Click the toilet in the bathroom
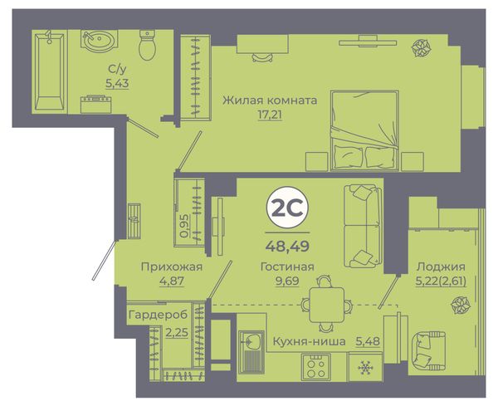point(148,45)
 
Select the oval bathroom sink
point(99,40)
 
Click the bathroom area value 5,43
point(117,83)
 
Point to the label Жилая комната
point(270,100)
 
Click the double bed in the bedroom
point(364,130)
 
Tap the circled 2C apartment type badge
point(287,207)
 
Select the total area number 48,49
point(287,246)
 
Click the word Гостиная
point(287,267)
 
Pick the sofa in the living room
point(363,226)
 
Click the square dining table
point(326,305)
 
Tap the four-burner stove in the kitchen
point(316,366)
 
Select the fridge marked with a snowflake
point(365,367)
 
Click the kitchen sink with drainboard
point(251,352)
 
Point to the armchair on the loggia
point(427,351)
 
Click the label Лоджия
point(442,267)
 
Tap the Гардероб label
point(159,315)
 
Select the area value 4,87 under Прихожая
point(172,281)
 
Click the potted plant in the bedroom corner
point(422,48)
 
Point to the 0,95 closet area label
point(184,226)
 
